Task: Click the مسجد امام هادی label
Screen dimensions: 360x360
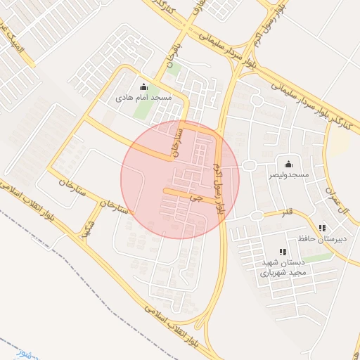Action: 144,98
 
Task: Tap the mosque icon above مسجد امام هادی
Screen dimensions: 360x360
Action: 144,87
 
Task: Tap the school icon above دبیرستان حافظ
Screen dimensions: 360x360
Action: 322,228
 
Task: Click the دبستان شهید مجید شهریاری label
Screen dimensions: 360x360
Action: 281,268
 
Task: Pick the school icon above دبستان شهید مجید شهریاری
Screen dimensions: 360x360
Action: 282,252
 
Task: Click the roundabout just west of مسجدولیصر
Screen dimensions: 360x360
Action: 248,166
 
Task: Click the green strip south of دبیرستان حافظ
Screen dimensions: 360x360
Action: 317,257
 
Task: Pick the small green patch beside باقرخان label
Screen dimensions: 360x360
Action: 174,70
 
